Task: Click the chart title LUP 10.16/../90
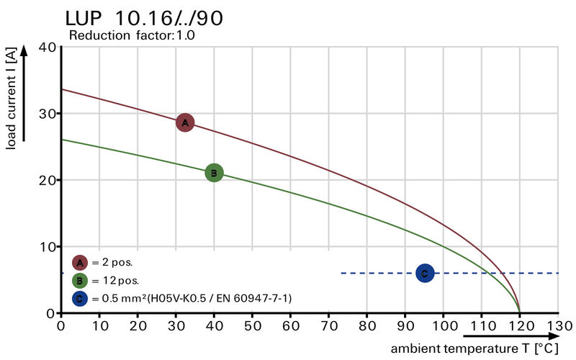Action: tap(144, 17)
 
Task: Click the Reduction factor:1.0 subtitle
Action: tap(132, 35)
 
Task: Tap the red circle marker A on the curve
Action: tap(185, 123)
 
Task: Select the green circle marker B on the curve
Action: tap(214, 173)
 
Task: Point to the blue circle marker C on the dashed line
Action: tap(425, 273)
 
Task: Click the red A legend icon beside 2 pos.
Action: tap(80, 262)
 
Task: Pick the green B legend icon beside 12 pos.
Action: tap(80, 280)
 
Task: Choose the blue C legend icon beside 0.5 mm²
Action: tap(80, 298)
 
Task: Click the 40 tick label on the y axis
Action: tap(48, 48)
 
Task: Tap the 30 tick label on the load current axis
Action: tap(48, 114)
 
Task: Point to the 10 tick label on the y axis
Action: tap(48, 247)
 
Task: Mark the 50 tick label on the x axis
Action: tap(252, 325)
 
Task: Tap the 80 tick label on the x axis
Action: tap(366, 325)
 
